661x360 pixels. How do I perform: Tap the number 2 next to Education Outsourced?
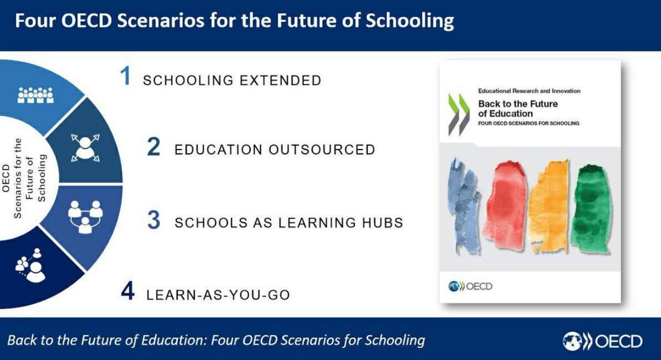154,146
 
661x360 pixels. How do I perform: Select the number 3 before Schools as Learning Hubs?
154,220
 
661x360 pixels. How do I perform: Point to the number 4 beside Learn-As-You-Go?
128,291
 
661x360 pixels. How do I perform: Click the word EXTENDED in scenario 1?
280,81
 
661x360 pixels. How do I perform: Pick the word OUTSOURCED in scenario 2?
322,149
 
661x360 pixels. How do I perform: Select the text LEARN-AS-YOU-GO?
218,295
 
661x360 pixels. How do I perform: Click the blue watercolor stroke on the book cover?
464,206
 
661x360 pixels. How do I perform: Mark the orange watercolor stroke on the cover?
549,206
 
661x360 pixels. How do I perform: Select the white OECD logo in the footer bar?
602,341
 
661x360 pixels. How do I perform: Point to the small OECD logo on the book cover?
470,286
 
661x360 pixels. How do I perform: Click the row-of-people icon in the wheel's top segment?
36,95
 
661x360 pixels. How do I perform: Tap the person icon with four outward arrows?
85,148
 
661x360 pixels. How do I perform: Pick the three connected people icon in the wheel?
85,217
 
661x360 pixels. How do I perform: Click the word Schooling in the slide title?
410,21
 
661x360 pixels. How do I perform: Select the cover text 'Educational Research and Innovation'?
529,91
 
